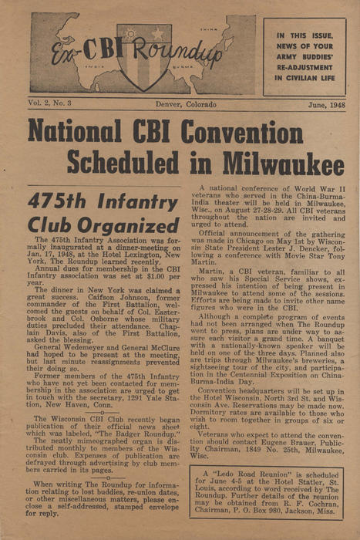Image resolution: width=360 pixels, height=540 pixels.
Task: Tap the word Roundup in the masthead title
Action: [x=183, y=56]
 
